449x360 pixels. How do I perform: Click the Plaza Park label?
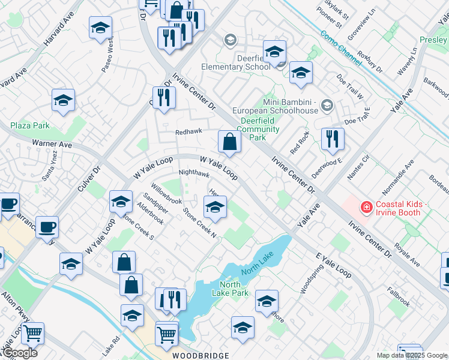(x=30, y=125)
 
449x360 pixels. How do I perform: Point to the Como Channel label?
(x=341, y=45)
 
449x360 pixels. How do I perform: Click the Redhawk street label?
(x=188, y=131)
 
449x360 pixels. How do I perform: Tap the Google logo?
(x=19, y=353)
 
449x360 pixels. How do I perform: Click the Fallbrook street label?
(x=398, y=296)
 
